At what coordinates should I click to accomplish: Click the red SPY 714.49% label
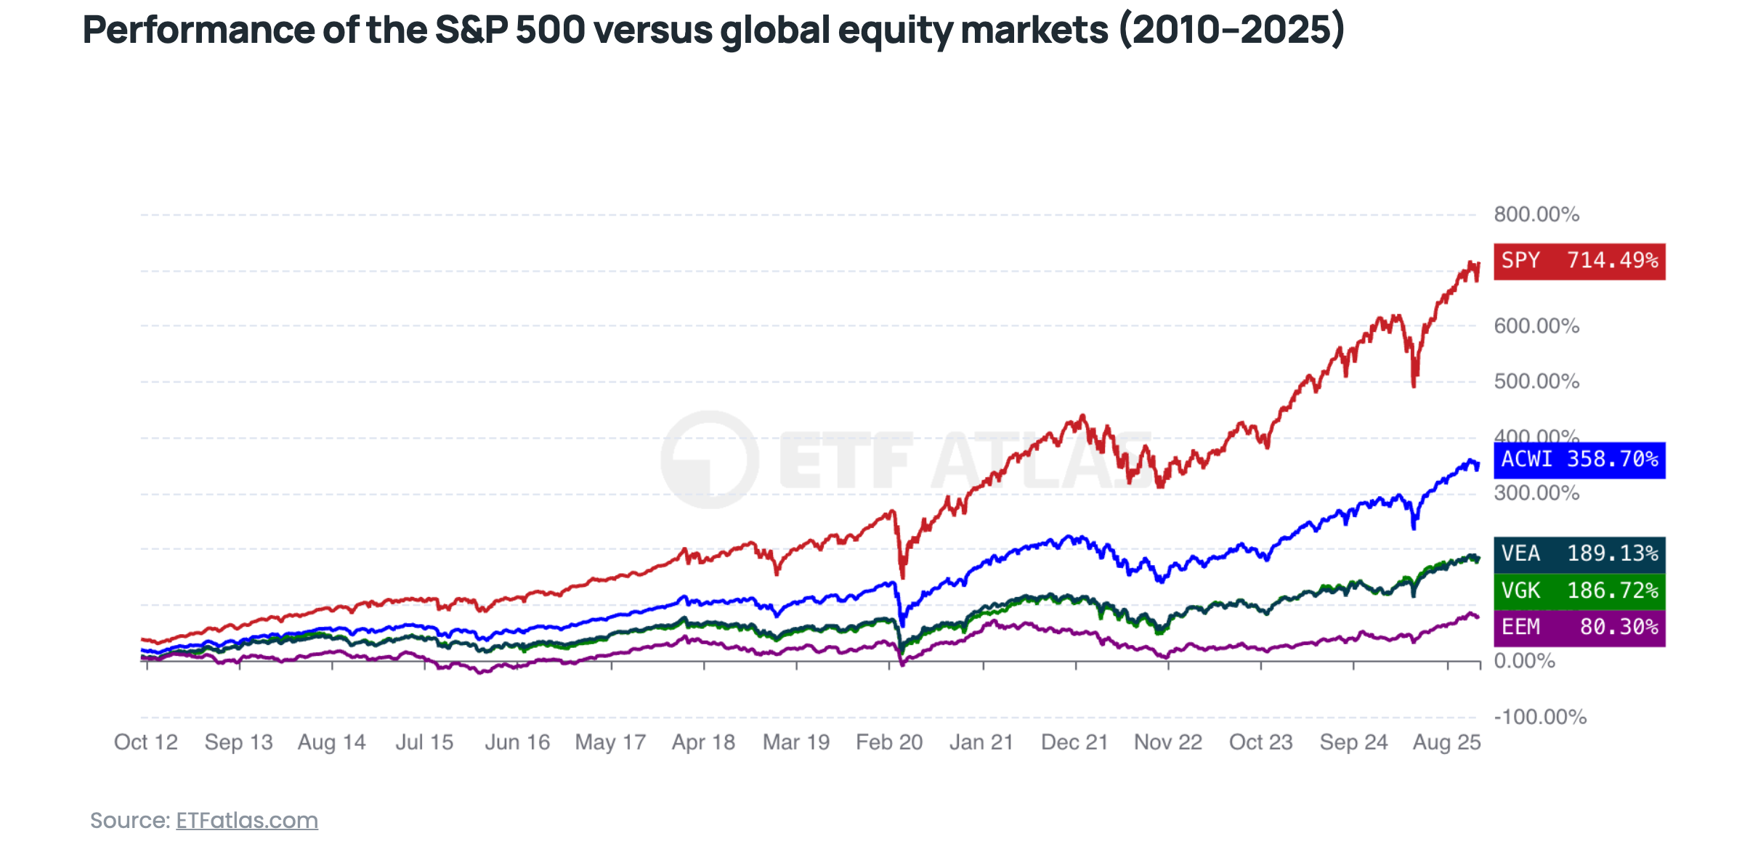tap(1579, 261)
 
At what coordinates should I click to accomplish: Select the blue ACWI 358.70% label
tap(1579, 460)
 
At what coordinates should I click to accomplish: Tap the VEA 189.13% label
tap(1579, 554)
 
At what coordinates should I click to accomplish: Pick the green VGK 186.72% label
tap(1579, 591)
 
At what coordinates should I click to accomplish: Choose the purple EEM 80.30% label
tap(1579, 627)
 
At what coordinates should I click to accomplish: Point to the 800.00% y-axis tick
tap(1536, 215)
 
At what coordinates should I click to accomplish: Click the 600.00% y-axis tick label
tap(1536, 326)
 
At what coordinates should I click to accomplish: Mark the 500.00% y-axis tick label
tap(1536, 382)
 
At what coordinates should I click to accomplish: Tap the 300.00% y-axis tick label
tap(1536, 494)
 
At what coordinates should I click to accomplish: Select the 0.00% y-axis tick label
tap(1523, 662)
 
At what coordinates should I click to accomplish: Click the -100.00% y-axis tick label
tap(1539, 718)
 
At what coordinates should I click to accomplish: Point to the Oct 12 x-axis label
tap(146, 742)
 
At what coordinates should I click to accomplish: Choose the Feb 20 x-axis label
tap(889, 742)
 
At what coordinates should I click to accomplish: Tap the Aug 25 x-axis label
tap(1446, 742)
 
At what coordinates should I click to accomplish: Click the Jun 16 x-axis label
tap(517, 742)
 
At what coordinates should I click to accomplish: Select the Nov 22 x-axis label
tap(1168, 742)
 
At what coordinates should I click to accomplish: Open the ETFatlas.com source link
tap(247, 821)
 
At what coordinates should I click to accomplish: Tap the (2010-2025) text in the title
tap(1231, 31)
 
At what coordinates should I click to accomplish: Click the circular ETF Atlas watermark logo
tap(709, 460)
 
